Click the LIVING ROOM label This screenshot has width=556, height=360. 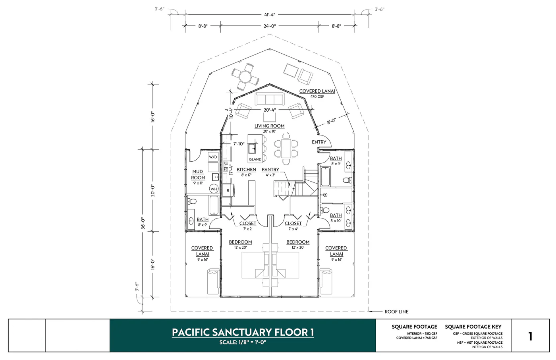(x=269, y=126)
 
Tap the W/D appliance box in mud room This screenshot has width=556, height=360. (x=213, y=157)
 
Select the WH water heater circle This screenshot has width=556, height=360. (x=214, y=189)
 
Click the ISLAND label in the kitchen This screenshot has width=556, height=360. (x=255, y=159)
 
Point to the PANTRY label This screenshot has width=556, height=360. (x=270, y=170)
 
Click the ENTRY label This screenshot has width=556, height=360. (x=319, y=142)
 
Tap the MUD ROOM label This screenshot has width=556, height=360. (x=198, y=175)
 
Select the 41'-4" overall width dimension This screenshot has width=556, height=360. (x=269, y=15)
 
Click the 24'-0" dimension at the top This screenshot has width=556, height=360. (x=269, y=26)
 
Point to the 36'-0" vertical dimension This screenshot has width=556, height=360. (x=143, y=223)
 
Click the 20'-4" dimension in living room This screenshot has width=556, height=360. (x=269, y=110)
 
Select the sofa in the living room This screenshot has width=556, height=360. (x=269, y=99)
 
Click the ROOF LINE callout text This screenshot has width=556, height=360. (x=396, y=312)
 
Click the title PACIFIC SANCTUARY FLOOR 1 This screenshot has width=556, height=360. (x=243, y=332)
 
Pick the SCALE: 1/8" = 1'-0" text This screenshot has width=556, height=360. (x=243, y=343)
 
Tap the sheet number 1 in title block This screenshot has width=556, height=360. (x=530, y=336)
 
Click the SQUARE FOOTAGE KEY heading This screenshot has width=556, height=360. (x=473, y=327)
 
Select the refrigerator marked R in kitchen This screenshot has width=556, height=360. (x=228, y=191)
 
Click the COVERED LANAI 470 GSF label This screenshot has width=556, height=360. (x=317, y=93)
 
